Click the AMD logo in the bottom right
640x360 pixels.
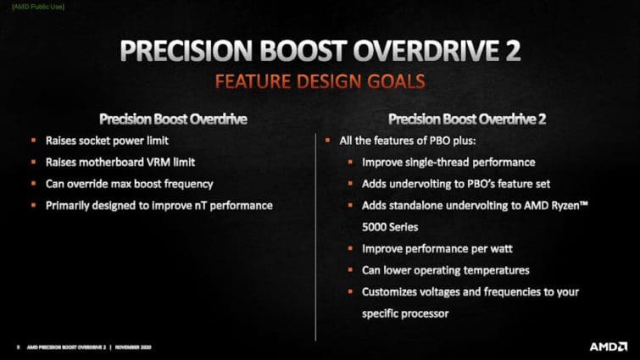point(609,346)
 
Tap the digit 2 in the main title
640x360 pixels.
point(509,51)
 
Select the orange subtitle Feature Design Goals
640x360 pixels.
point(320,82)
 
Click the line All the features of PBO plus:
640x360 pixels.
point(397,140)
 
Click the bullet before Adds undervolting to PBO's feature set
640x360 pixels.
point(352,184)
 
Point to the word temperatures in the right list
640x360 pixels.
point(494,270)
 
